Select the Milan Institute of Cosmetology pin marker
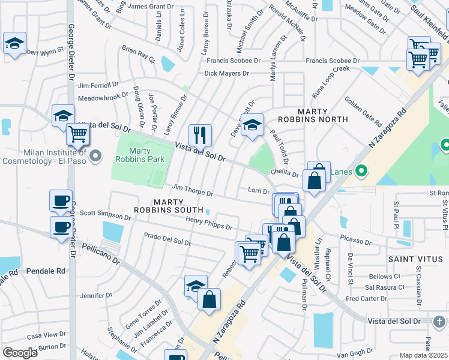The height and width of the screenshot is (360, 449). pos(95,158)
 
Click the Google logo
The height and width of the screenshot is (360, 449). pos(20,353)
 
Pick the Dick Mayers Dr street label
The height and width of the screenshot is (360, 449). pos(226,73)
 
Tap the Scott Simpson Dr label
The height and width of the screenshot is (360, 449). pos(105,213)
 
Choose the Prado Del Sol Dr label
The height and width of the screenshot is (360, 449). pos(167,240)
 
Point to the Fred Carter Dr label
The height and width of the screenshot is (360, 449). pos(366,298)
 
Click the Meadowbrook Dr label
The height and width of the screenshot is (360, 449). pos(103,97)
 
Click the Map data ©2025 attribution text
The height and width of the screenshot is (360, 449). pos(424,355)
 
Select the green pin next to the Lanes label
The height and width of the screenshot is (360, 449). pos(361,171)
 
